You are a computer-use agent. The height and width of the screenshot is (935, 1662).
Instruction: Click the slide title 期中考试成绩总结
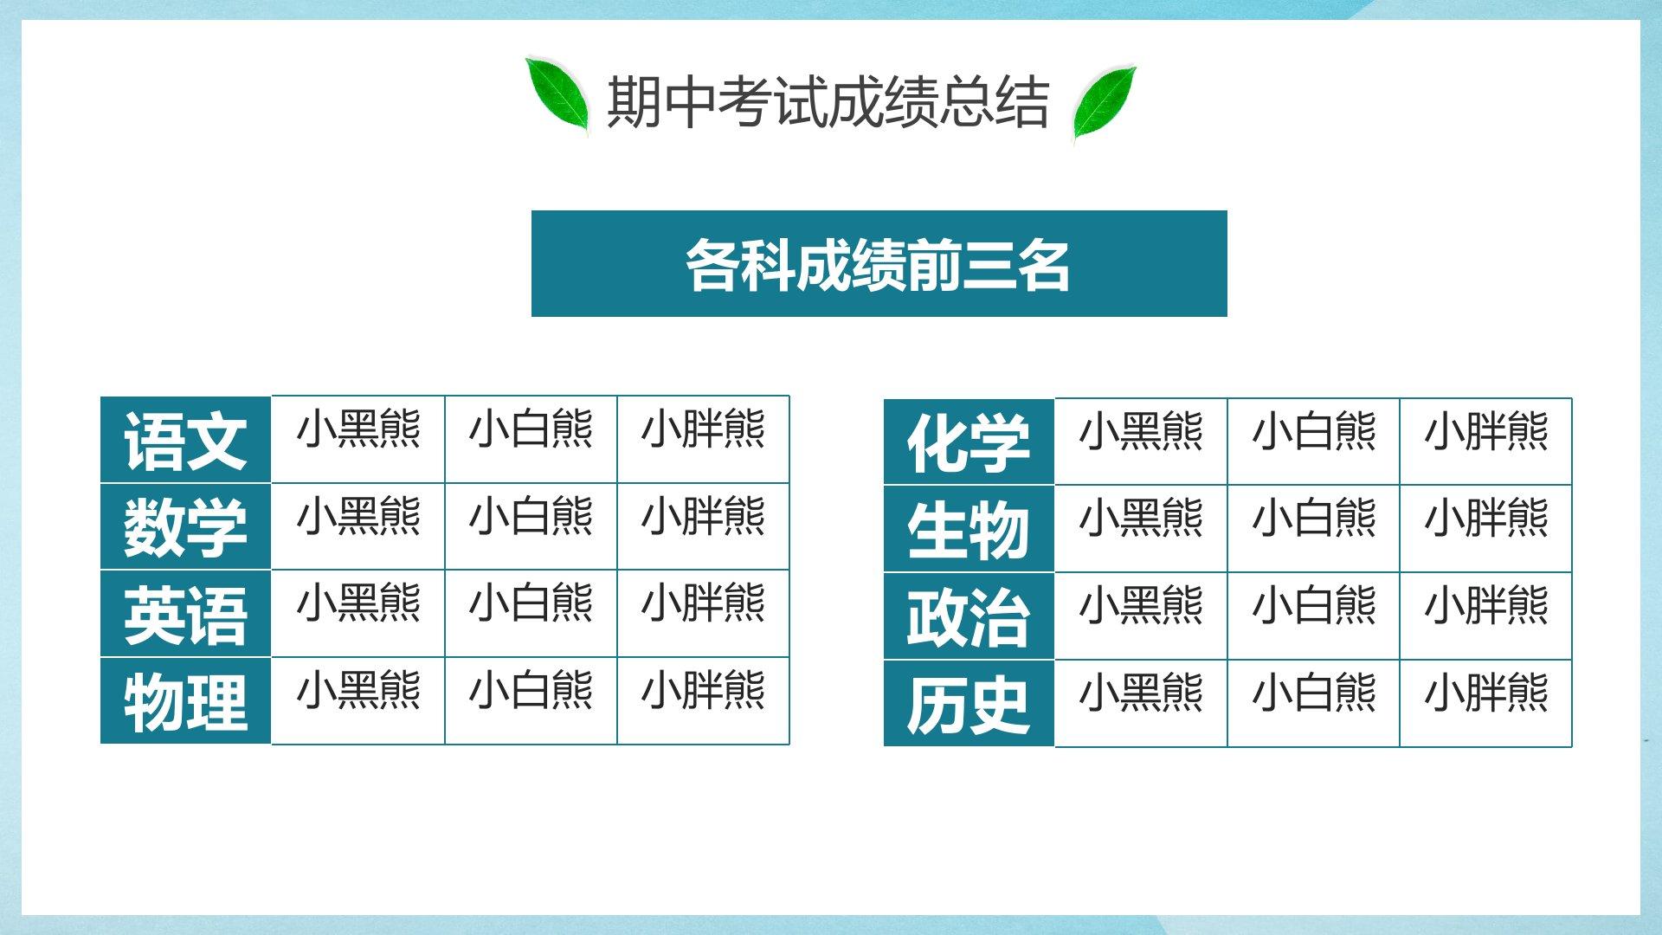pos(828,103)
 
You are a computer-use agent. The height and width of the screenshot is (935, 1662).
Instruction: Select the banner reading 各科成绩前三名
pos(879,263)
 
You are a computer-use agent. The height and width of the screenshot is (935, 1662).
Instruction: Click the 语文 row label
pos(185,440)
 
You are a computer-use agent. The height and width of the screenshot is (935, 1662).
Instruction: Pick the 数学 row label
pos(185,526)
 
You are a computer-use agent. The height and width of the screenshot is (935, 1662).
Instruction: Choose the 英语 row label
pos(185,614)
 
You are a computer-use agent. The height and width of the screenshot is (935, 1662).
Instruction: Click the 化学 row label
pos(969,442)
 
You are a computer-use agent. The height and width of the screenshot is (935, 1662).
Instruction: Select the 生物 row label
pos(969,529)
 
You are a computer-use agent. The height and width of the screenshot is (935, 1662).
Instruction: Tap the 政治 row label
pos(969,616)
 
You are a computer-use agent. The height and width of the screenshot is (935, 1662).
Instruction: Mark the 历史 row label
pos(969,703)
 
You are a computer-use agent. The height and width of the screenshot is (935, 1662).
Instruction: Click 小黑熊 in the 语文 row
pos(358,429)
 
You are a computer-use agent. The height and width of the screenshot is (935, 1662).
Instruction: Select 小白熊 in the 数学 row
pos(531,515)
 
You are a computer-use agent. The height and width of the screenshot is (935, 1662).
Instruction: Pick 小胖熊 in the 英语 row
pos(703,603)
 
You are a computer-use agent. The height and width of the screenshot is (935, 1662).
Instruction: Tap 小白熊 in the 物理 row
pos(531,690)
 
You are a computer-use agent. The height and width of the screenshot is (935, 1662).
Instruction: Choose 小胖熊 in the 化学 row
pos(1485,431)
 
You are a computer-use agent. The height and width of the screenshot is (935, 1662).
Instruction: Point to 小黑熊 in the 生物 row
pos(1141,518)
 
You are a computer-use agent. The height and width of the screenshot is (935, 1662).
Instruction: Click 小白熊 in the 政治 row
pos(1313,605)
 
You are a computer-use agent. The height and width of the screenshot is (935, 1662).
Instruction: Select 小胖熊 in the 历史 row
pos(1485,693)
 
